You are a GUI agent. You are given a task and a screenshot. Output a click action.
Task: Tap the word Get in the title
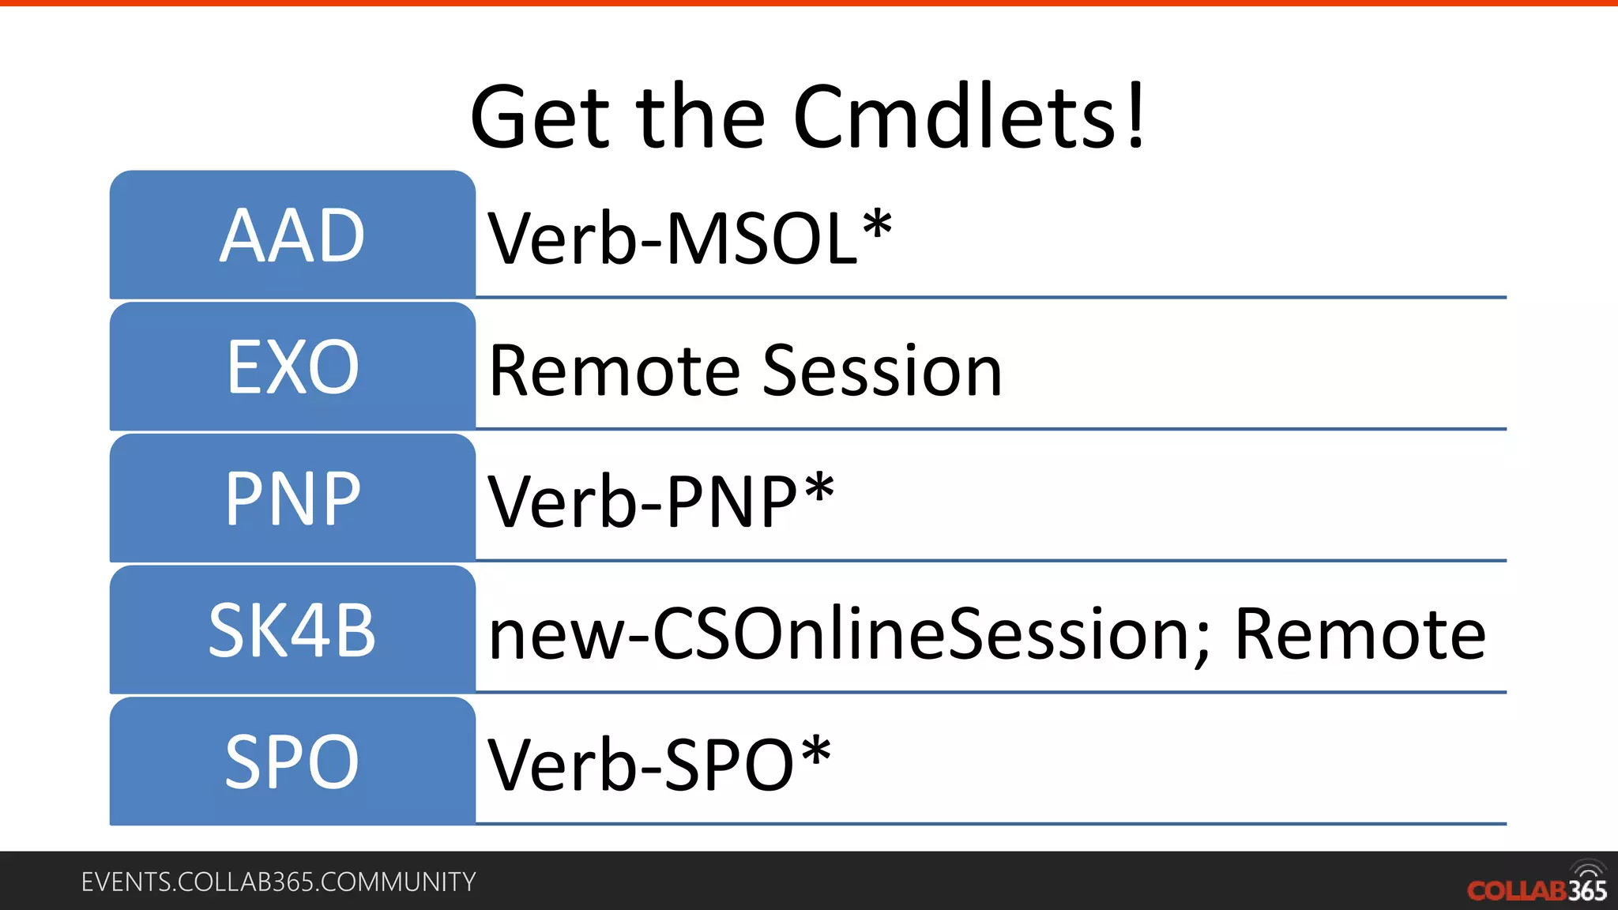[x=540, y=118]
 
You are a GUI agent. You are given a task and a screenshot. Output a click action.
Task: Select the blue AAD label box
[x=292, y=235]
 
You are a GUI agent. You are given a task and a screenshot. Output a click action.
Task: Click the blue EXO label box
[x=292, y=367]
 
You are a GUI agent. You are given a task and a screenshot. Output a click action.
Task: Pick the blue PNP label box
[x=292, y=498]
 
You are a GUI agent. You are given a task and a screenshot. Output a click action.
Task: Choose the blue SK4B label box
[x=292, y=630]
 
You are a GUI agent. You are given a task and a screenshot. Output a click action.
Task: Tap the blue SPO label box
[x=292, y=761]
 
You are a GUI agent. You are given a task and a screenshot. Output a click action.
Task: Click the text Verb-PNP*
[x=660, y=501]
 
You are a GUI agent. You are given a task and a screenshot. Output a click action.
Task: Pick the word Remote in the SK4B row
[x=1360, y=634]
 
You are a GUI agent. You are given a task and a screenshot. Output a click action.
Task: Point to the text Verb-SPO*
[x=659, y=764]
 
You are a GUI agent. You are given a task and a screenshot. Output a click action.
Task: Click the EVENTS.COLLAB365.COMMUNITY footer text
[x=278, y=882]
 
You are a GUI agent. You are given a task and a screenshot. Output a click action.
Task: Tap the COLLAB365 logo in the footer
[x=1537, y=886]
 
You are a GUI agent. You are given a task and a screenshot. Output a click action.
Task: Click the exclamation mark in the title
[x=1135, y=117]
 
